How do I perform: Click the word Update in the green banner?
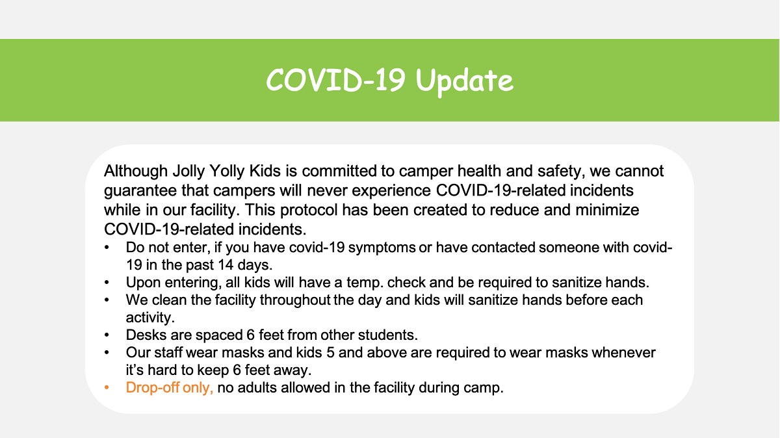point(465,81)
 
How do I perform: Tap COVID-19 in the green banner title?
point(335,80)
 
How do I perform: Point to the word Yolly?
point(227,172)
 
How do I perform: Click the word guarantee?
point(140,191)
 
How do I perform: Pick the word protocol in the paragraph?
point(309,211)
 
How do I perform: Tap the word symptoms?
point(382,248)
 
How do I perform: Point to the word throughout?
point(295,300)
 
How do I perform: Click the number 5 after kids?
point(330,353)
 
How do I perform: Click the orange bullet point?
point(107,387)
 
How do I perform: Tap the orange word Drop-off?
point(152,387)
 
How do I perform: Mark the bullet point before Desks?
point(107,335)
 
